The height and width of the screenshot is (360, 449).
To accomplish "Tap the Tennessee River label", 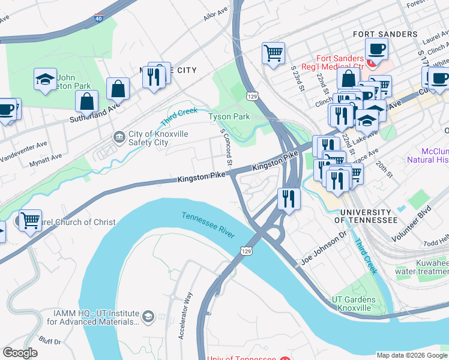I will coord(208,224).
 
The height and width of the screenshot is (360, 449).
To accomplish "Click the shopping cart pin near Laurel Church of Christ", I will coord(30,220).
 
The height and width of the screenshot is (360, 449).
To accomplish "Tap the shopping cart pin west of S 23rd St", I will coord(273,53).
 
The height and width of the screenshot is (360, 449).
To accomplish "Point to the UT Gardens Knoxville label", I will coord(354,304).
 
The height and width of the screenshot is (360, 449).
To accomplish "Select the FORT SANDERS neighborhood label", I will coord(385,34).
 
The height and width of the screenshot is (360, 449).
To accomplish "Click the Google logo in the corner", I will coord(20,353).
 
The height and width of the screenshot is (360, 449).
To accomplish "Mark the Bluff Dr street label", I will coord(49,341).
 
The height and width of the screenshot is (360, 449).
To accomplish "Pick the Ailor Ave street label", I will coord(215,15).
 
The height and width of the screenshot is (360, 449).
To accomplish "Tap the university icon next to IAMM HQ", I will coord(148,316).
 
